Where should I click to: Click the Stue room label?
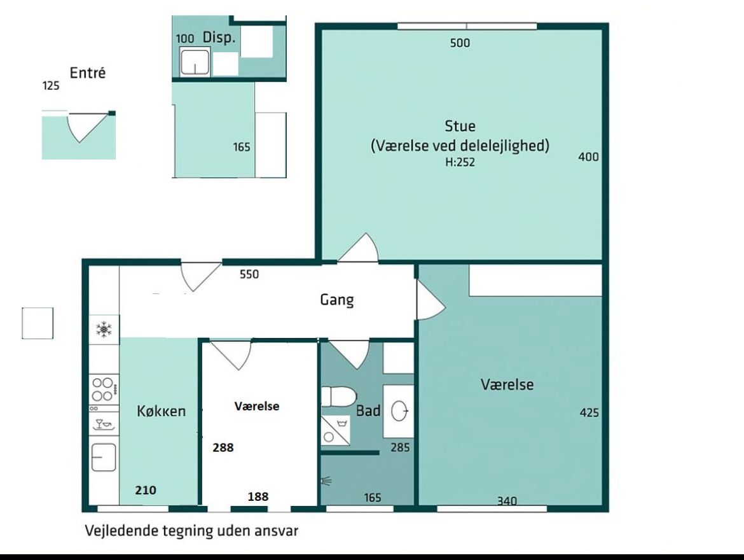coord(460,126)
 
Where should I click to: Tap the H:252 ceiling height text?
coord(460,162)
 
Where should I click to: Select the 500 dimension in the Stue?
coord(460,43)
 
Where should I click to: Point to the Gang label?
coord(337,300)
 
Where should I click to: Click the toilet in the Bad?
coord(339,396)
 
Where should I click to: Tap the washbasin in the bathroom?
coord(401,410)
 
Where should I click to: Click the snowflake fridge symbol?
coord(104,330)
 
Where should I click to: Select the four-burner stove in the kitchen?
coord(104,389)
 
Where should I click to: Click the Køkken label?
coord(162,411)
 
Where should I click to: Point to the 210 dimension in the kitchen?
coord(146,490)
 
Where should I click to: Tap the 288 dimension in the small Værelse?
coord(223,447)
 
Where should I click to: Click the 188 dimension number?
coord(258,496)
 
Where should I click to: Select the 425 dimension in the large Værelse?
coord(589,413)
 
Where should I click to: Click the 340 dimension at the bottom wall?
coord(507,501)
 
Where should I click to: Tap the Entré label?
coord(87,73)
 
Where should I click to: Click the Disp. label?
coord(219,38)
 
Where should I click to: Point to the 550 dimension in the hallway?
coord(249,274)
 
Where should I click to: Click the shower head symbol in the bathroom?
coord(326,481)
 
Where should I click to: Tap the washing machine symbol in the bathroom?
coord(336,431)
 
